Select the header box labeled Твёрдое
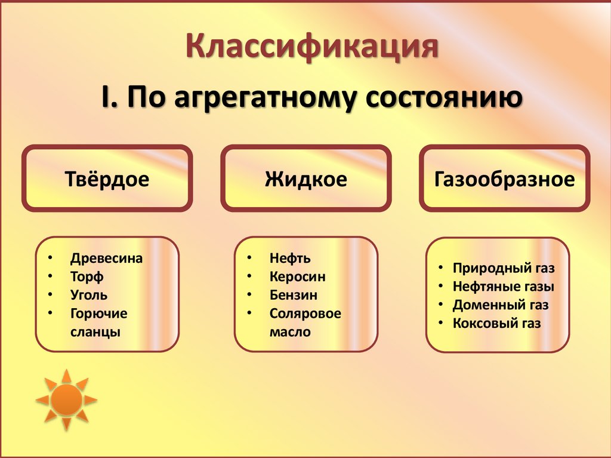(x=107, y=179)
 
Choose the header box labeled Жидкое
(x=305, y=179)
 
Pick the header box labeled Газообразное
(x=504, y=179)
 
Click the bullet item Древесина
(x=106, y=259)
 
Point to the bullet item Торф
(x=87, y=277)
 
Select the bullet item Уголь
(x=89, y=295)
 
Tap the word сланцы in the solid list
(x=95, y=332)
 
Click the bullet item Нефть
(x=289, y=259)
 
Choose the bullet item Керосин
(x=297, y=277)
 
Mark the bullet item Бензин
(x=293, y=295)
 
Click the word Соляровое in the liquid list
(x=305, y=313)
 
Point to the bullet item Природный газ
(x=504, y=268)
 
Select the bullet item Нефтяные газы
(x=503, y=287)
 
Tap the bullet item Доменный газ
(x=500, y=305)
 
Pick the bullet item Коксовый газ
(x=496, y=324)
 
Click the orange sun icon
(x=66, y=399)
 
